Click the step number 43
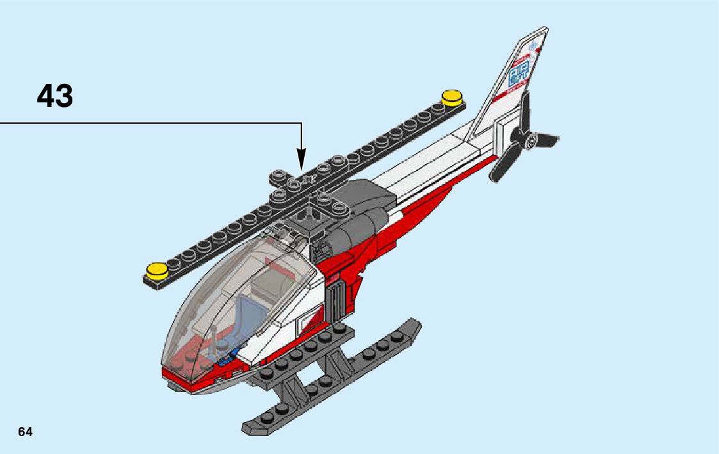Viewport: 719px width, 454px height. pyautogui.click(x=55, y=96)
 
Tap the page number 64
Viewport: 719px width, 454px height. pyautogui.click(x=25, y=432)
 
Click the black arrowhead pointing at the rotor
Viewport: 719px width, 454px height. pyautogui.click(x=301, y=159)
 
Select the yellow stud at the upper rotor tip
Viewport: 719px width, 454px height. pyautogui.click(x=452, y=98)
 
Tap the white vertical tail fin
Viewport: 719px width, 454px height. pyautogui.click(x=506, y=96)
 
